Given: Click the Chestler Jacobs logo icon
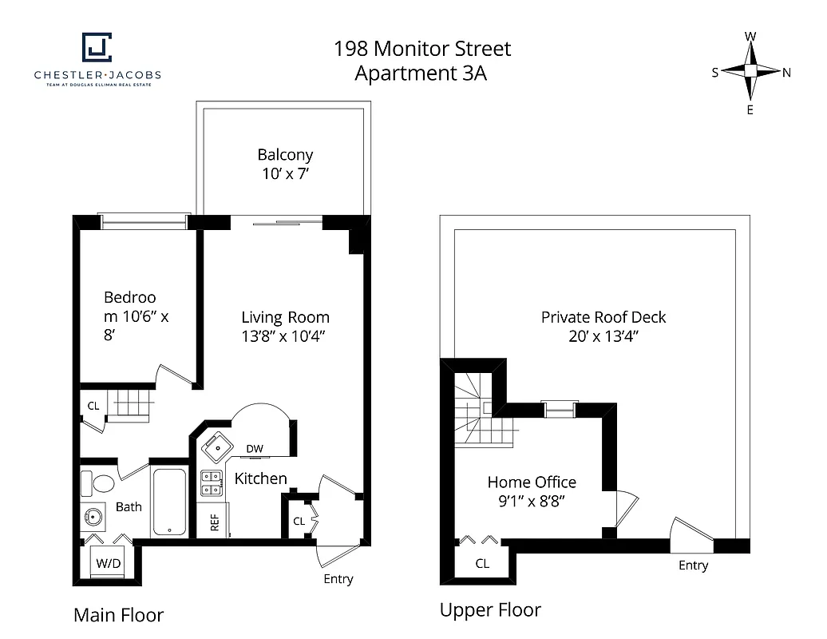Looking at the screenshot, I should click(x=97, y=47).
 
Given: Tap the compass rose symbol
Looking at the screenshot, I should click(x=750, y=71).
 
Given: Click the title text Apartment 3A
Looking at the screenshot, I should click(x=421, y=74).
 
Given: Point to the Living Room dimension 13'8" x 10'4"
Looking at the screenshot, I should click(x=285, y=335).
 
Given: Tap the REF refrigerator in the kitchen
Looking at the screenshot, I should click(x=214, y=521).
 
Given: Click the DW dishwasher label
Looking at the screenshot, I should click(x=255, y=449).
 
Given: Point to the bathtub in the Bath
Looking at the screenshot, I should click(x=169, y=502).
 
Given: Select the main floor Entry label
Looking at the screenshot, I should click(x=338, y=579).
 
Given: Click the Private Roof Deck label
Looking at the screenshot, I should click(x=603, y=317).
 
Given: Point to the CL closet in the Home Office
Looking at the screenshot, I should click(x=482, y=563).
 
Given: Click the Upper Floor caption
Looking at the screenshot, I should click(x=490, y=610).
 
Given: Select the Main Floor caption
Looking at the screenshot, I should click(x=118, y=615).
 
